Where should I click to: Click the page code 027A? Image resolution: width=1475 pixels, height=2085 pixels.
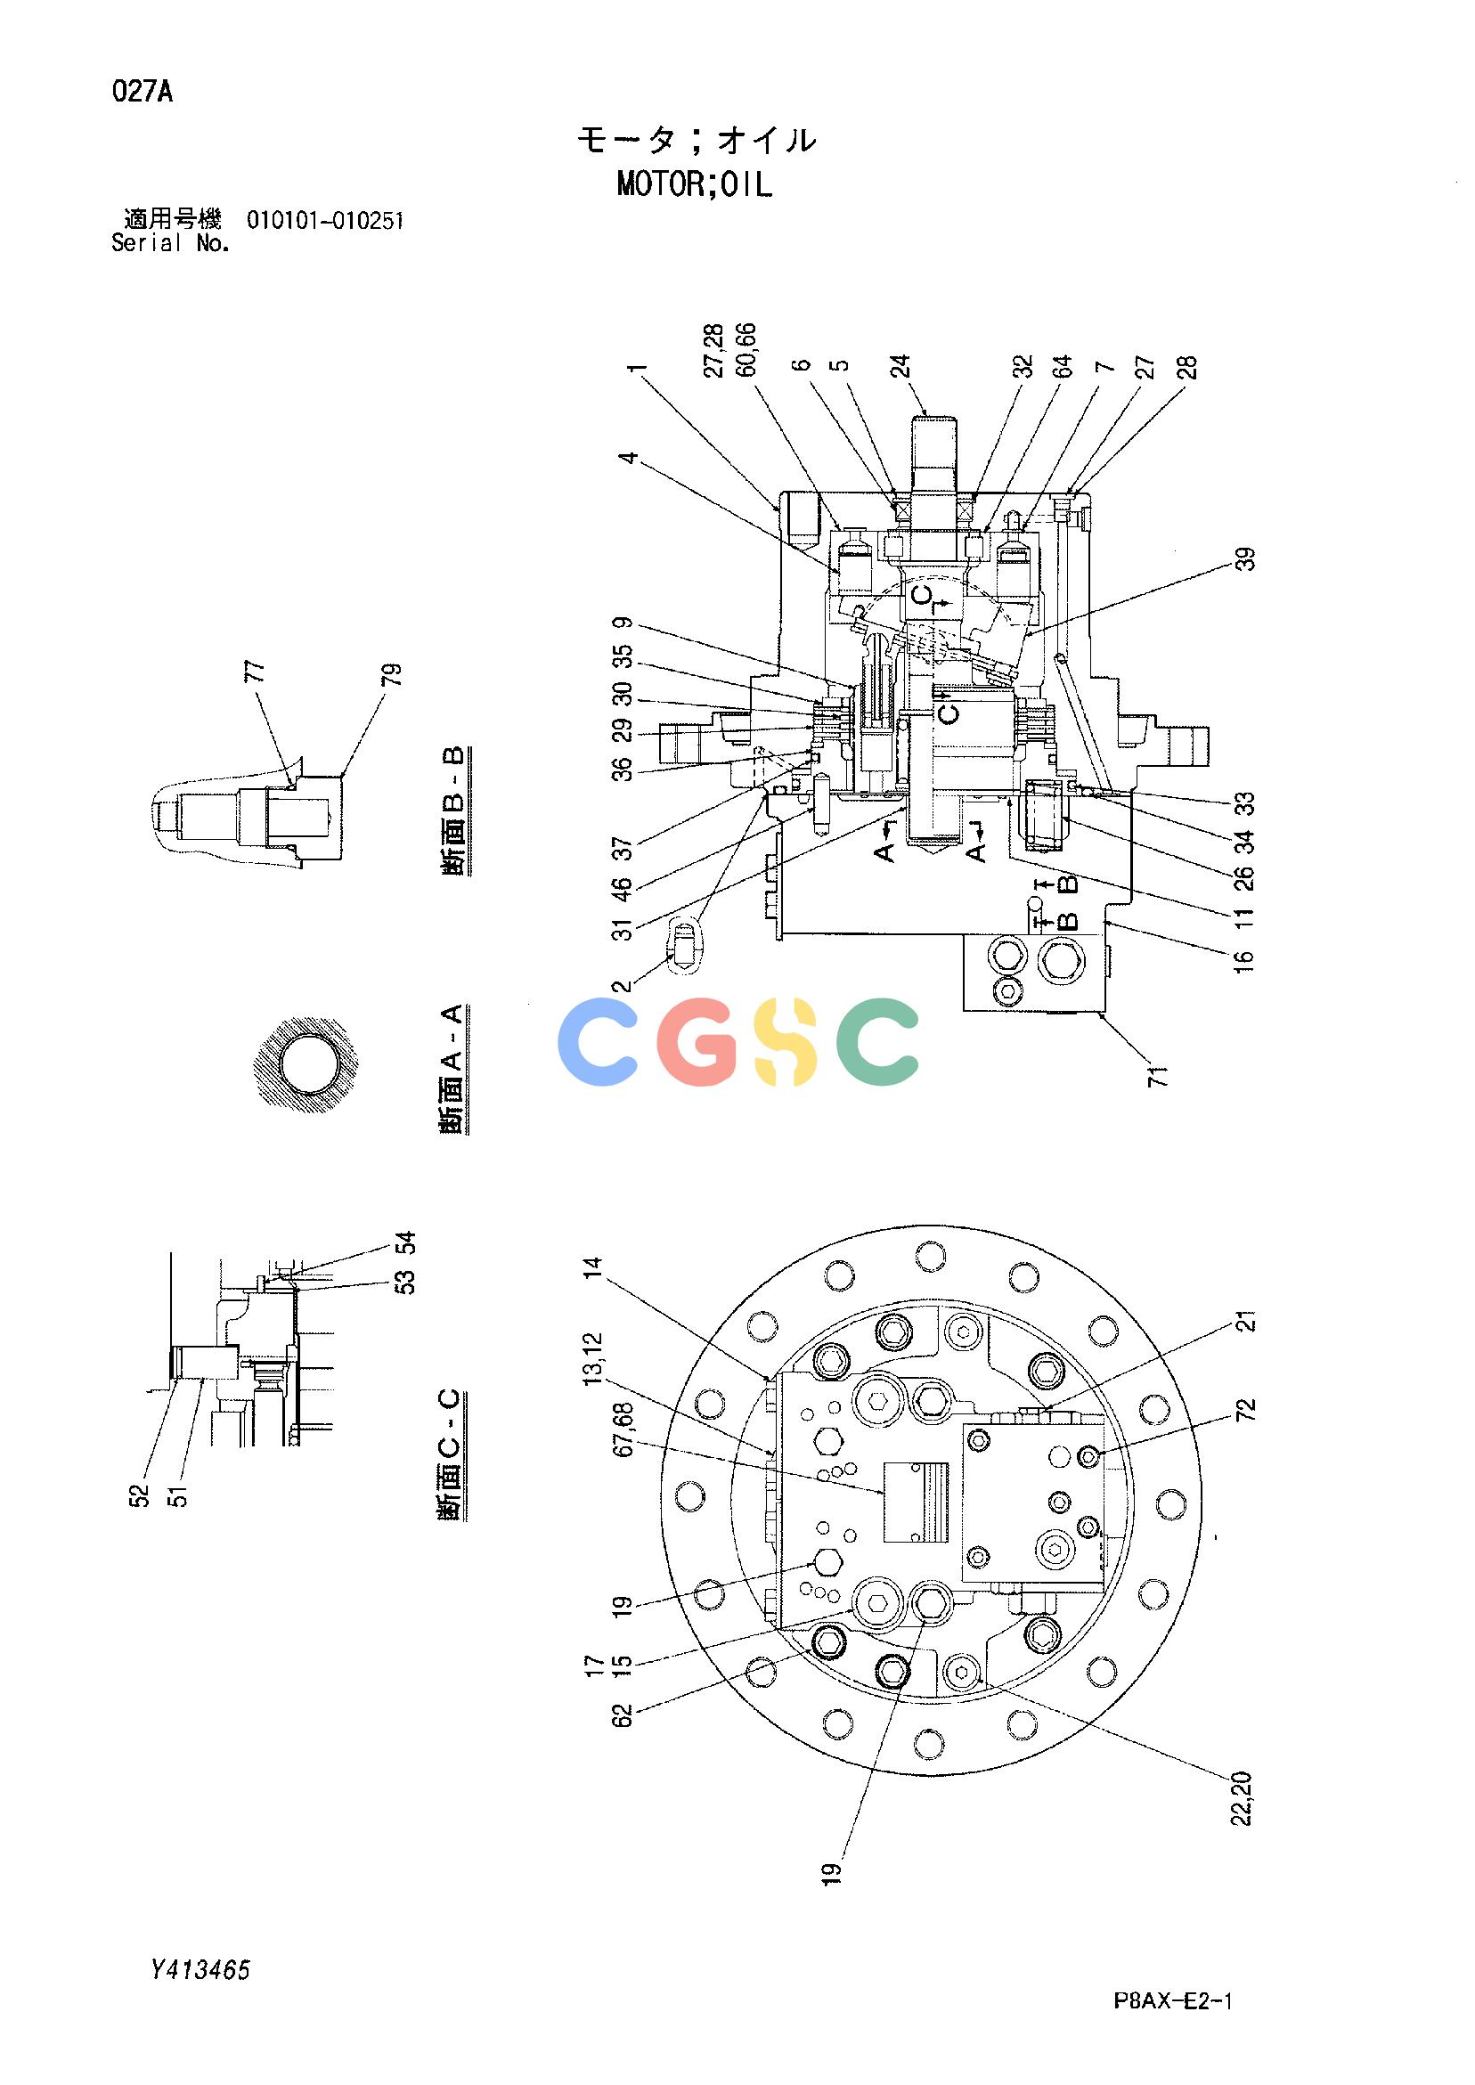143,93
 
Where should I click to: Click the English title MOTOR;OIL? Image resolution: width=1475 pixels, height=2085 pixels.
695,185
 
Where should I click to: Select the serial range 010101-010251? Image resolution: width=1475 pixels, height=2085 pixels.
325,221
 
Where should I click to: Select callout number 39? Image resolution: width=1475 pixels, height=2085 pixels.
1249,558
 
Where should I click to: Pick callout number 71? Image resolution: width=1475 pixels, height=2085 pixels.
1160,1074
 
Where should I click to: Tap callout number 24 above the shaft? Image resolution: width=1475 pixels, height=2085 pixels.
900,366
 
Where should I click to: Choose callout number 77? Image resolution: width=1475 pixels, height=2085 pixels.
257,672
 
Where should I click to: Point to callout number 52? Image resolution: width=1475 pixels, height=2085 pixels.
139,1494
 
